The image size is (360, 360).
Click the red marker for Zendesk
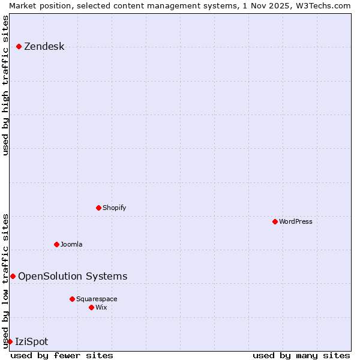19,46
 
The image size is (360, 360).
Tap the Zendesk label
44,47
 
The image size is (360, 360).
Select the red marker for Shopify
98,208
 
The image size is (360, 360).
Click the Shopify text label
114,208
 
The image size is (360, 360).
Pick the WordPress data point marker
275,221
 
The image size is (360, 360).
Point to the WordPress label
295,222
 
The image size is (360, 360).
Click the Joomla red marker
56,244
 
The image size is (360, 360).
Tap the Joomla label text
71,245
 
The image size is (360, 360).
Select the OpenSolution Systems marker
13,276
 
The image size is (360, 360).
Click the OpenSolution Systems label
73,277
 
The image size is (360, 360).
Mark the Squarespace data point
72,299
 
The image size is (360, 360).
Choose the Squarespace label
97,299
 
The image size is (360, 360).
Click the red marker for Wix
91,307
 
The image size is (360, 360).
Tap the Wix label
101,308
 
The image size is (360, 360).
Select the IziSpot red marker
10,341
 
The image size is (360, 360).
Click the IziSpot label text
31,342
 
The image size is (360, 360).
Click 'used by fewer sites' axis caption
62,356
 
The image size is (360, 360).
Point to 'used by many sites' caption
301,356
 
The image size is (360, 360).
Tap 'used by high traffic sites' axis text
5,85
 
